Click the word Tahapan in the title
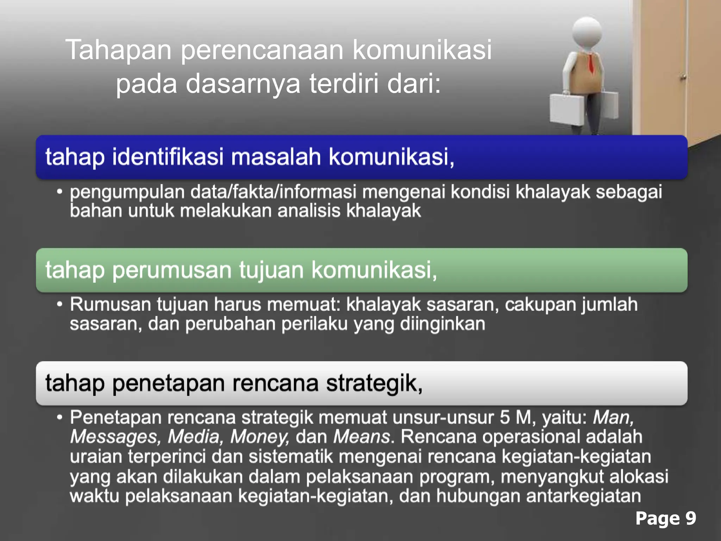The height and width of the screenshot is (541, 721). point(118,50)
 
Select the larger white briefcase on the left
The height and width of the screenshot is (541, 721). point(567,108)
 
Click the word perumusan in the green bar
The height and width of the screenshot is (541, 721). point(172,270)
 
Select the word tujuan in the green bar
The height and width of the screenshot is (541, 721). point(271,270)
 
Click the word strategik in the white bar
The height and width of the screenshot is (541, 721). point(374,383)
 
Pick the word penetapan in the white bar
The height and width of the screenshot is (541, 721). point(169,383)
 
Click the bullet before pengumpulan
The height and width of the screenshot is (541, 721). point(60,192)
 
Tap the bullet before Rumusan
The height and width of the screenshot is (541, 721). point(60,304)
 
